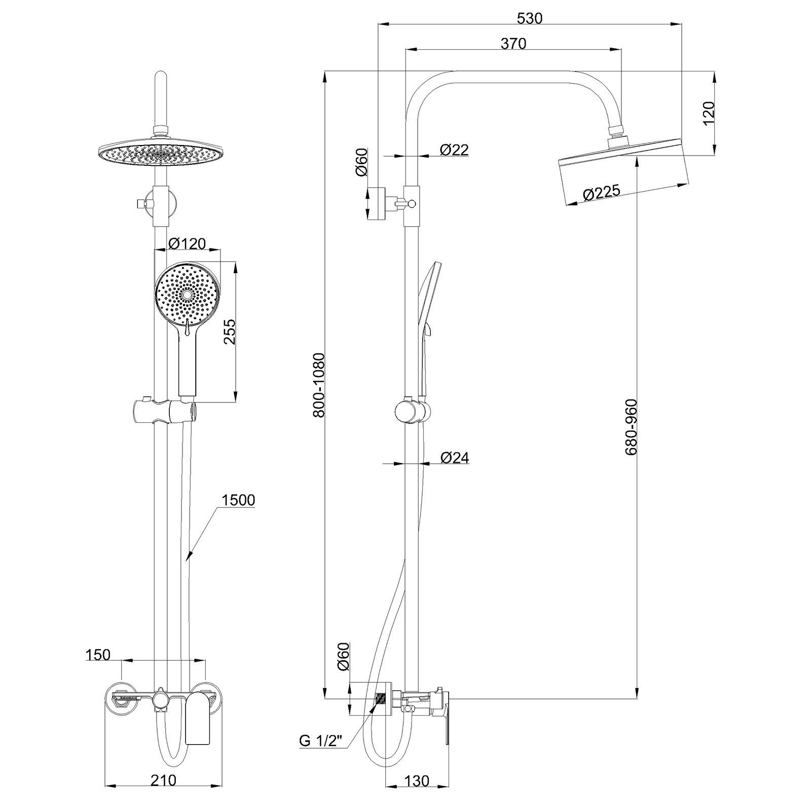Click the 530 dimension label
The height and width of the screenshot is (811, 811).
click(x=529, y=18)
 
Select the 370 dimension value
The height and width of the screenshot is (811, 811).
click(x=513, y=44)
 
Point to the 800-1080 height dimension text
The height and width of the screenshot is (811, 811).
click(x=318, y=385)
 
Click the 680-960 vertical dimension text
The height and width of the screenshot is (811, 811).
click(x=631, y=428)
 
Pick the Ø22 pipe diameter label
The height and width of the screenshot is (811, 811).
click(x=455, y=150)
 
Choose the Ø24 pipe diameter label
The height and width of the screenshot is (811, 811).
click(x=455, y=458)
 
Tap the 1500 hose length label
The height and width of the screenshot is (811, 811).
click(x=238, y=500)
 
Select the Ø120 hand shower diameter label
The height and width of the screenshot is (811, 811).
click(x=187, y=244)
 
